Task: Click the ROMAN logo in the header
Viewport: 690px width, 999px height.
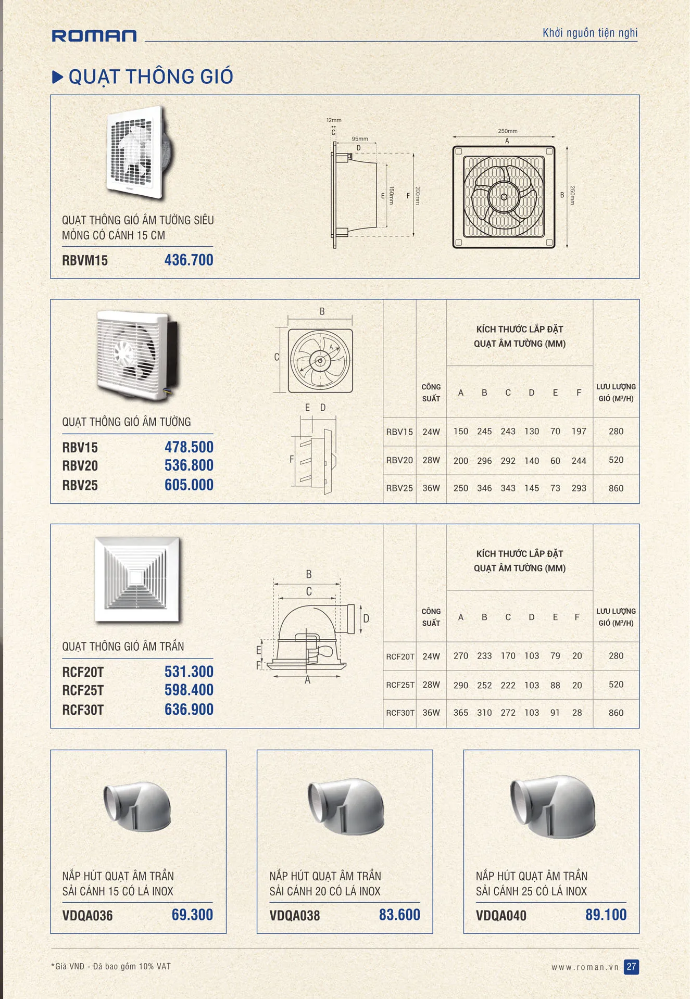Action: (94, 35)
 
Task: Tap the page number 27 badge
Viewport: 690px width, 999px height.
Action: (631, 967)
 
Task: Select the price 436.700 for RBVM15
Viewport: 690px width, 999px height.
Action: (189, 260)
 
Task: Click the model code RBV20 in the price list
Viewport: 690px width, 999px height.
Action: (80, 465)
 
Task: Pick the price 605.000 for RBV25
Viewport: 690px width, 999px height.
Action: (189, 485)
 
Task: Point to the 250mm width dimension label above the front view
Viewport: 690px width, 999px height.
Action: (507, 131)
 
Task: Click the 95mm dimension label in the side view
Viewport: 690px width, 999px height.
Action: (359, 139)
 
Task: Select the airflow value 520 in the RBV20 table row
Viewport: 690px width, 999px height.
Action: (616, 460)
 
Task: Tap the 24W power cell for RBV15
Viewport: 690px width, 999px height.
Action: (431, 432)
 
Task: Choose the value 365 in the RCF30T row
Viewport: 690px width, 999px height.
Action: (460, 713)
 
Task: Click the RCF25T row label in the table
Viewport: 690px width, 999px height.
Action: (399, 685)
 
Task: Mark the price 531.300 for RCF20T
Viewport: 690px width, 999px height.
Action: (189, 672)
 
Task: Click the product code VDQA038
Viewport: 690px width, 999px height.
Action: (294, 915)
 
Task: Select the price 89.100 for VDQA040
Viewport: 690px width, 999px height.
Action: (606, 915)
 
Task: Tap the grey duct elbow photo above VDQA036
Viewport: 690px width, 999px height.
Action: (137, 806)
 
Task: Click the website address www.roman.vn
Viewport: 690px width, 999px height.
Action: (585, 967)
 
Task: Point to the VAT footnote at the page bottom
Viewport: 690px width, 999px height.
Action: (111, 966)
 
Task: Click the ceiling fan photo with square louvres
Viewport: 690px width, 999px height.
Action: (137, 579)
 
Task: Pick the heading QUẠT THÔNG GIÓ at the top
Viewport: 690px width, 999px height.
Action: (150, 77)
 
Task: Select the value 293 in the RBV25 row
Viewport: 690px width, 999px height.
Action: (579, 488)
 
